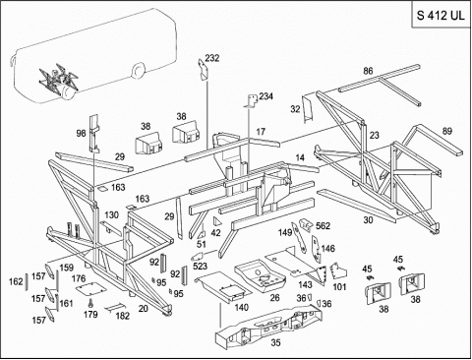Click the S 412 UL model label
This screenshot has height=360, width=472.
441,16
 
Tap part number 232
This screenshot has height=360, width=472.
212,58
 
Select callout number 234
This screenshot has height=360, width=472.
265,96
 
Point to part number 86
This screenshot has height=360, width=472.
368,71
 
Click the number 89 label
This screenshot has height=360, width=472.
446,131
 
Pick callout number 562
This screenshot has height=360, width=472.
323,226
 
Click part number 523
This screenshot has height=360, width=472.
200,266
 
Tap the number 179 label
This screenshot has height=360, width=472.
90,314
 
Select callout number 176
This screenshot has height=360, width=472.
79,278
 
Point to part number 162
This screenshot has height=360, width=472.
16,281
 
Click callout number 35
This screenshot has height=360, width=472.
275,342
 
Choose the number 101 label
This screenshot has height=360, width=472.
339,287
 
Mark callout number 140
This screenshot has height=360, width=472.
241,307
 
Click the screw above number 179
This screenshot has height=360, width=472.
90,303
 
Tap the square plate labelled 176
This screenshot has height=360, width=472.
91,288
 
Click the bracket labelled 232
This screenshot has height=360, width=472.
203,69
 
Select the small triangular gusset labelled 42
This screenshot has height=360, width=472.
216,221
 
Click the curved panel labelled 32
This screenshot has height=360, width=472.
307,109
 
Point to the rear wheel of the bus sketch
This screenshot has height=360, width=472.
138,72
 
